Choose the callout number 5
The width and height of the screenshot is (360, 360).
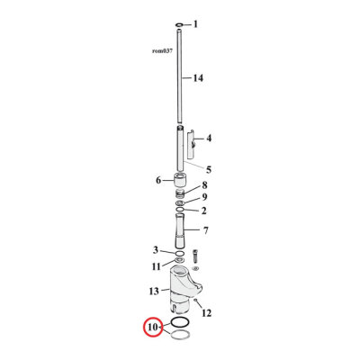208,168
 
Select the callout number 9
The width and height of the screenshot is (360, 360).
205,198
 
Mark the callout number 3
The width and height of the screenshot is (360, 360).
155,250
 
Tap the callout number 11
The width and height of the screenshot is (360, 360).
156,266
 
